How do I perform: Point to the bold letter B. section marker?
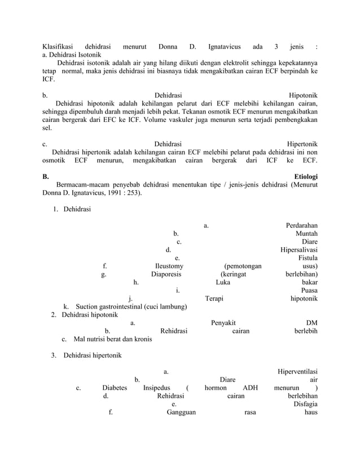[46, 177]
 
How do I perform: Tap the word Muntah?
[306, 234]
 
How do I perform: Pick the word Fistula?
[306, 258]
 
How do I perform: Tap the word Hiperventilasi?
[297, 371]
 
